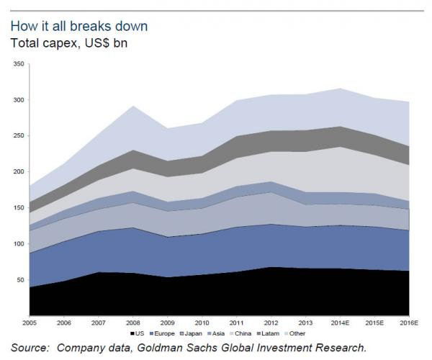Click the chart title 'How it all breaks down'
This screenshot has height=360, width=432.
tap(79, 26)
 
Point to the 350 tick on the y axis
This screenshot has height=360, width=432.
tap(19, 65)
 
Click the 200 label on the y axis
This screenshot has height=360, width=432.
tap(19, 172)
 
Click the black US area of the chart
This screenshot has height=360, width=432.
tap(216, 295)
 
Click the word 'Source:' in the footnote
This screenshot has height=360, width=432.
tap(33, 347)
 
